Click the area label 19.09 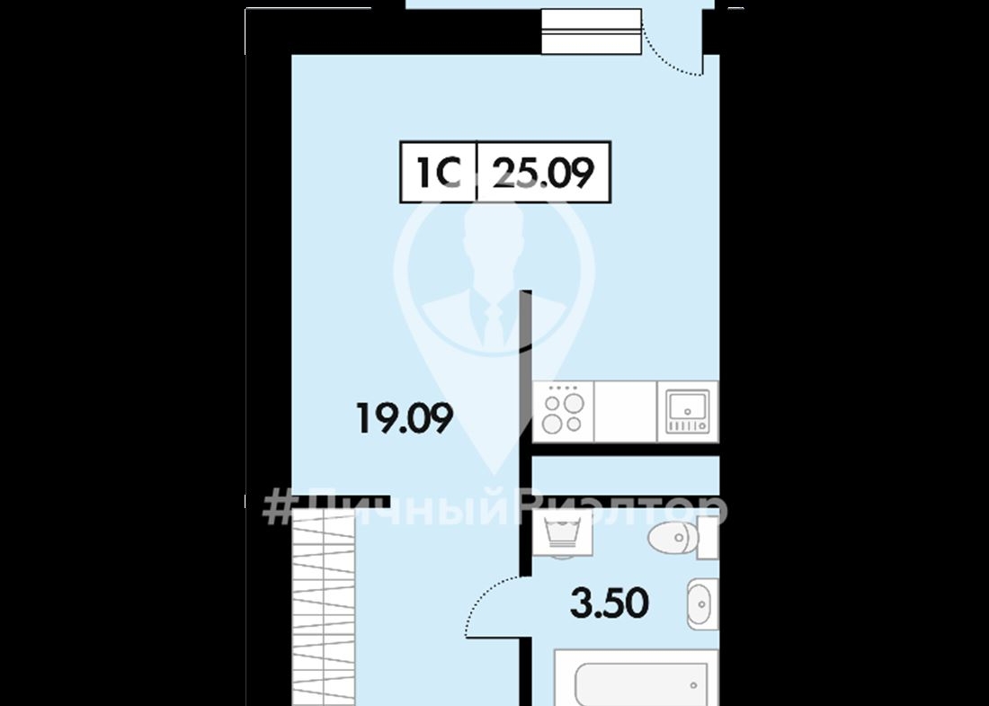coord(405,418)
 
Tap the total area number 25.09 coord(543,173)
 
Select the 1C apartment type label coord(439,173)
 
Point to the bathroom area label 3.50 coord(610,603)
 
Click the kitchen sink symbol coord(688,411)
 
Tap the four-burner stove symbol coord(563,411)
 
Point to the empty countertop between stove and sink coord(626,411)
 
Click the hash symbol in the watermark coord(278,508)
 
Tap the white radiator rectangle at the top coord(592,31)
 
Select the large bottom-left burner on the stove coord(552,424)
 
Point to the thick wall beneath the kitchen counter coord(625,449)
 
